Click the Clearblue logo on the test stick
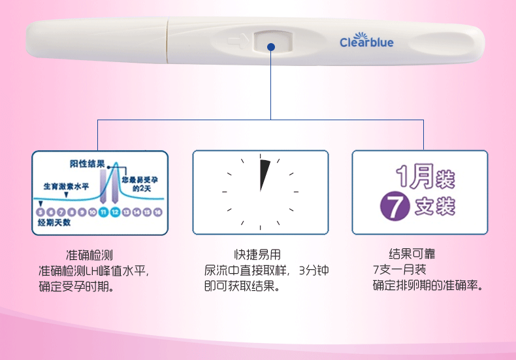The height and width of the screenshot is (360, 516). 366,41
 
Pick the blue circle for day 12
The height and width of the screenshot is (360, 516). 115,212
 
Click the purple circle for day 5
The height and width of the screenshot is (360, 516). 40,212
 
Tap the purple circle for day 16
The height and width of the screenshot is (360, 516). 158,212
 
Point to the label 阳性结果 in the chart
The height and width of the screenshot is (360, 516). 88,163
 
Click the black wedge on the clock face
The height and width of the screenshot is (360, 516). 263,173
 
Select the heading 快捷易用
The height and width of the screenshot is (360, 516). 257,255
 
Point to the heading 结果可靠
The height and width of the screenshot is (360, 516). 411,254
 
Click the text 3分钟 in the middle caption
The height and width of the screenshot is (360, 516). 313,270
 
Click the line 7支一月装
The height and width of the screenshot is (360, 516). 399,270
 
